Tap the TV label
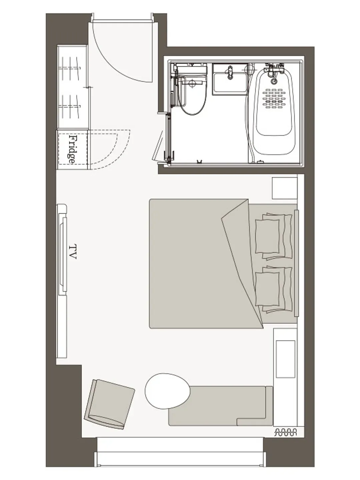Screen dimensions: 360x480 73,251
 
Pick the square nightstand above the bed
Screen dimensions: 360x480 285,188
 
